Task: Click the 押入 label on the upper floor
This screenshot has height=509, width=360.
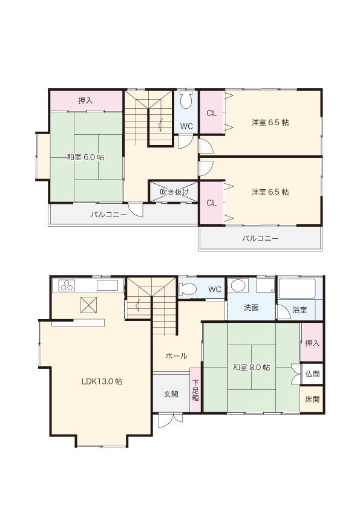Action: pos(85,100)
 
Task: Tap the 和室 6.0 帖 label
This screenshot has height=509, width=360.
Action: pos(85,157)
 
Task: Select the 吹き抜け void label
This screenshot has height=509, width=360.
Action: pos(174,192)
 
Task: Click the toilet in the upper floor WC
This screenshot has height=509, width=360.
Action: pos(186,100)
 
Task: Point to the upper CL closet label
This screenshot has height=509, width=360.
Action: pos(211,113)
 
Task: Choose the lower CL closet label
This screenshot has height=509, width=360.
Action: pos(211,203)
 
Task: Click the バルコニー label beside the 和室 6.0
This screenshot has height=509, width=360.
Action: pos(109,214)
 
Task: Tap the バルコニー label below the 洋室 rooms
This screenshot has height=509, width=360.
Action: pos(261,239)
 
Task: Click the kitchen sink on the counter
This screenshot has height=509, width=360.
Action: pos(108,286)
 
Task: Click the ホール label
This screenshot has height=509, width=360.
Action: pos(176,356)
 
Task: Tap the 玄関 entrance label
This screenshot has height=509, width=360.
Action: pos(171,394)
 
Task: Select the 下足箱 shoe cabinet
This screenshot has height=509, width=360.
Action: pos(195,390)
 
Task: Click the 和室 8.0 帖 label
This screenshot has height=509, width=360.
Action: pos(251,367)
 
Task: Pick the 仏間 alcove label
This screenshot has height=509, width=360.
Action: pos(312,374)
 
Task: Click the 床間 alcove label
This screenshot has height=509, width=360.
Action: pos(312,400)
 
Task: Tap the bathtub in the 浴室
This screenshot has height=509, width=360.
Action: pos(299,289)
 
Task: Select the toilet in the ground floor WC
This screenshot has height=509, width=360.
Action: pos(188,289)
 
